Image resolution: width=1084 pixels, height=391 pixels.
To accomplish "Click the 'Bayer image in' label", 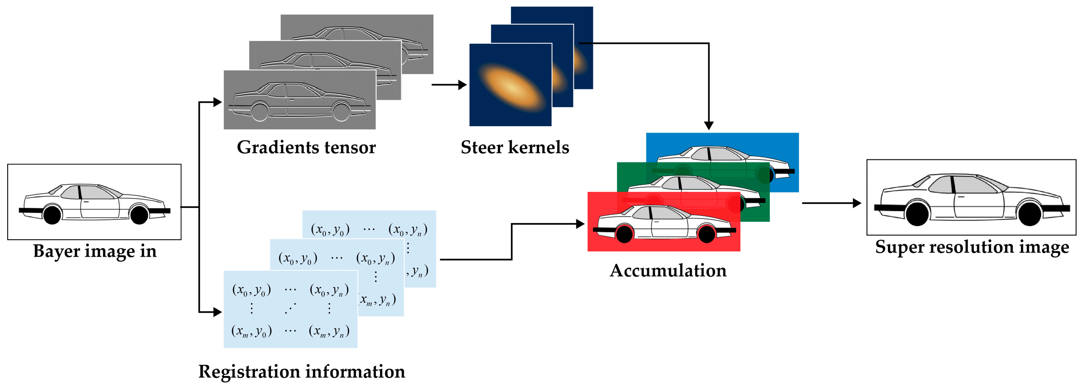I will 95,251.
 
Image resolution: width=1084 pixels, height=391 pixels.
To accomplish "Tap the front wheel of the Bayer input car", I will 52,215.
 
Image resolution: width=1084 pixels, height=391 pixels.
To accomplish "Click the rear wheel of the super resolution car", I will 1029,214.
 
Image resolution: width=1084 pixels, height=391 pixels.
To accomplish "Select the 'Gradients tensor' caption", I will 306,147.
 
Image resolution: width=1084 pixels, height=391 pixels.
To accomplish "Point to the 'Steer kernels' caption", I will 514,147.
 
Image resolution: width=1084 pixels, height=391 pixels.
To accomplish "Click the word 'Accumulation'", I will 668,271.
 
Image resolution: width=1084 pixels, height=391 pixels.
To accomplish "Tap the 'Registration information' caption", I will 301,371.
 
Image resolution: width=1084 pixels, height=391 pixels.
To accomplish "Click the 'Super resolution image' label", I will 972,247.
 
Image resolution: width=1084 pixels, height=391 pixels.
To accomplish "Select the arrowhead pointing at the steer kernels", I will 463,85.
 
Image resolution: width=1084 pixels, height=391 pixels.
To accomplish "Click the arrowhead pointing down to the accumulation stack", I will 708,125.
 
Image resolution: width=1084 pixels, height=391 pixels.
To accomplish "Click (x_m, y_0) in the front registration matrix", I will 251,331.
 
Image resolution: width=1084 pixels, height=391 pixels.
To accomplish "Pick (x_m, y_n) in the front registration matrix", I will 329,331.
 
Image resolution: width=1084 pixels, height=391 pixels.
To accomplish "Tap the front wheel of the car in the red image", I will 624,234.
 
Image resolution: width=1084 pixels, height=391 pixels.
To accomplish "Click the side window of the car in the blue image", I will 724,154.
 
